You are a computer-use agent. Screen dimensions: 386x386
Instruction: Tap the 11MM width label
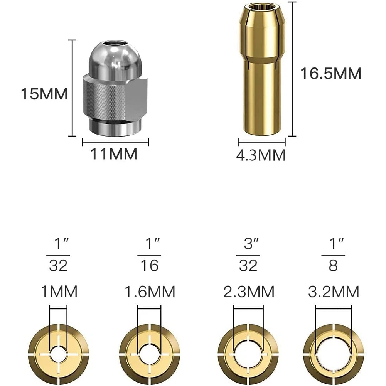pos(114,154)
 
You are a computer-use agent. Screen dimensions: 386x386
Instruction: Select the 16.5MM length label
pos(331,73)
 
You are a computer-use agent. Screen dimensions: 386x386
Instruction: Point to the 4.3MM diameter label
pos(261,155)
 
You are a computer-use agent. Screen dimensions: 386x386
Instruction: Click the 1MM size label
pos(59,291)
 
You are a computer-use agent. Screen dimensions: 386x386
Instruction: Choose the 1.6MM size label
pos(150,292)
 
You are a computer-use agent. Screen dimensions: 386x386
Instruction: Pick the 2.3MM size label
pos(249,292)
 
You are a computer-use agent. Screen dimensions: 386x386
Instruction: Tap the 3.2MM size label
pos(334,292)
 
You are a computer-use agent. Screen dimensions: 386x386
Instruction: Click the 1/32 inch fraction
pos(58,255)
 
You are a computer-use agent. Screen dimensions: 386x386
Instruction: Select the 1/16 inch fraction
pos(150,255)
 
